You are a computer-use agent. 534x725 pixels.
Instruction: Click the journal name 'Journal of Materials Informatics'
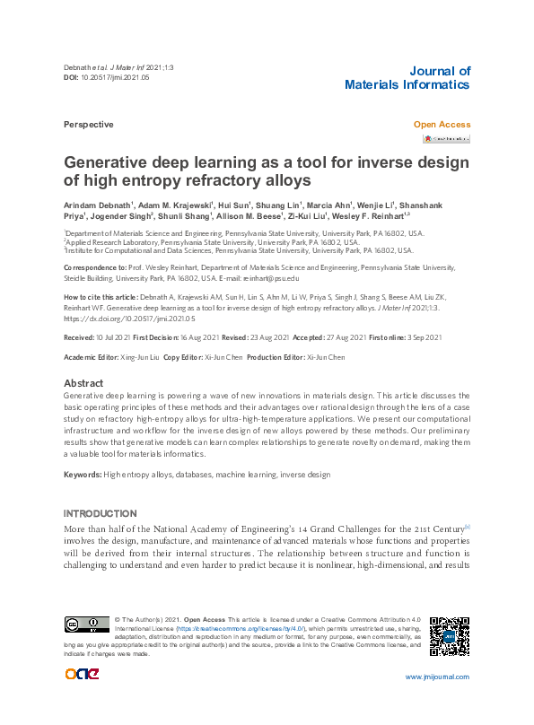[407, 78]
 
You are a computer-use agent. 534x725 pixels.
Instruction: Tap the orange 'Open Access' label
[441, 125]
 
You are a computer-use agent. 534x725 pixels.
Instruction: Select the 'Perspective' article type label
[88, 125]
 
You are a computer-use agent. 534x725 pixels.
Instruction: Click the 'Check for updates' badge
[446, 139]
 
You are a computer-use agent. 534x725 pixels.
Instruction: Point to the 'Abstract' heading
[83, 383]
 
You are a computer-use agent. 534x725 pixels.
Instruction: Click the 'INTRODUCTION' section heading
[100, 513]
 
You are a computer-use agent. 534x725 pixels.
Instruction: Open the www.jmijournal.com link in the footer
[437, 677]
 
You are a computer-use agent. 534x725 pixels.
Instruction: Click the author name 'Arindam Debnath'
[97, 205]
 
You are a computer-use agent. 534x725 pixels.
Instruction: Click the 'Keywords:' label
[83, 474]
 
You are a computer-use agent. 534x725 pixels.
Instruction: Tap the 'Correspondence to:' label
[95, 267]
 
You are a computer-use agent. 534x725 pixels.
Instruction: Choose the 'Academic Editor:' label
[93, 357]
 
